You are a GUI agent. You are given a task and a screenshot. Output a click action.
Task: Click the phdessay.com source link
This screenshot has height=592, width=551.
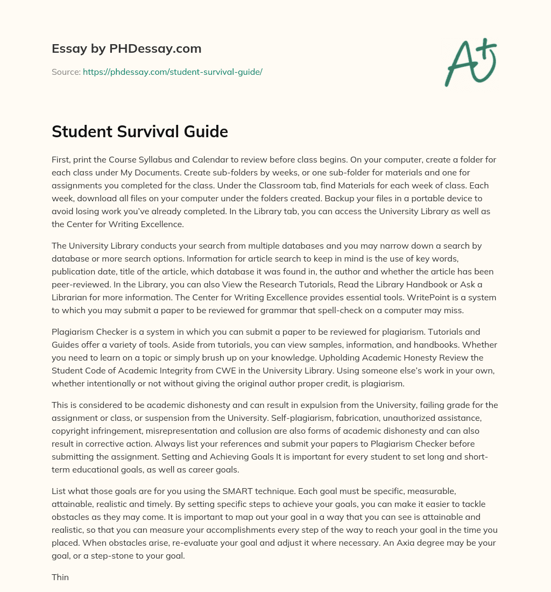pyautogui.click(x=172, y=72)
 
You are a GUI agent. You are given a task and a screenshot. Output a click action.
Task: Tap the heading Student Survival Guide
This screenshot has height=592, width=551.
pyautogui.click(x=140, y=132)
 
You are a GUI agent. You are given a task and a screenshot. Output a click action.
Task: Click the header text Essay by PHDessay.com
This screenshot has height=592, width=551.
pyautogui.click(x=126, y=49)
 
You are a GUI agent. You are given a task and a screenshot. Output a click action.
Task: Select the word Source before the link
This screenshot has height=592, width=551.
pyautogui.click(x=65, y=72)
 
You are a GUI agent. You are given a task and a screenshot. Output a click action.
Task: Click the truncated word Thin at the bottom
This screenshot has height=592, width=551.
pyautogui.click(x=60, y=577)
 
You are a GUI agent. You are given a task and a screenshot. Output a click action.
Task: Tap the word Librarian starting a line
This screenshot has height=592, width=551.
pyautogui.click(x=72, y=298)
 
